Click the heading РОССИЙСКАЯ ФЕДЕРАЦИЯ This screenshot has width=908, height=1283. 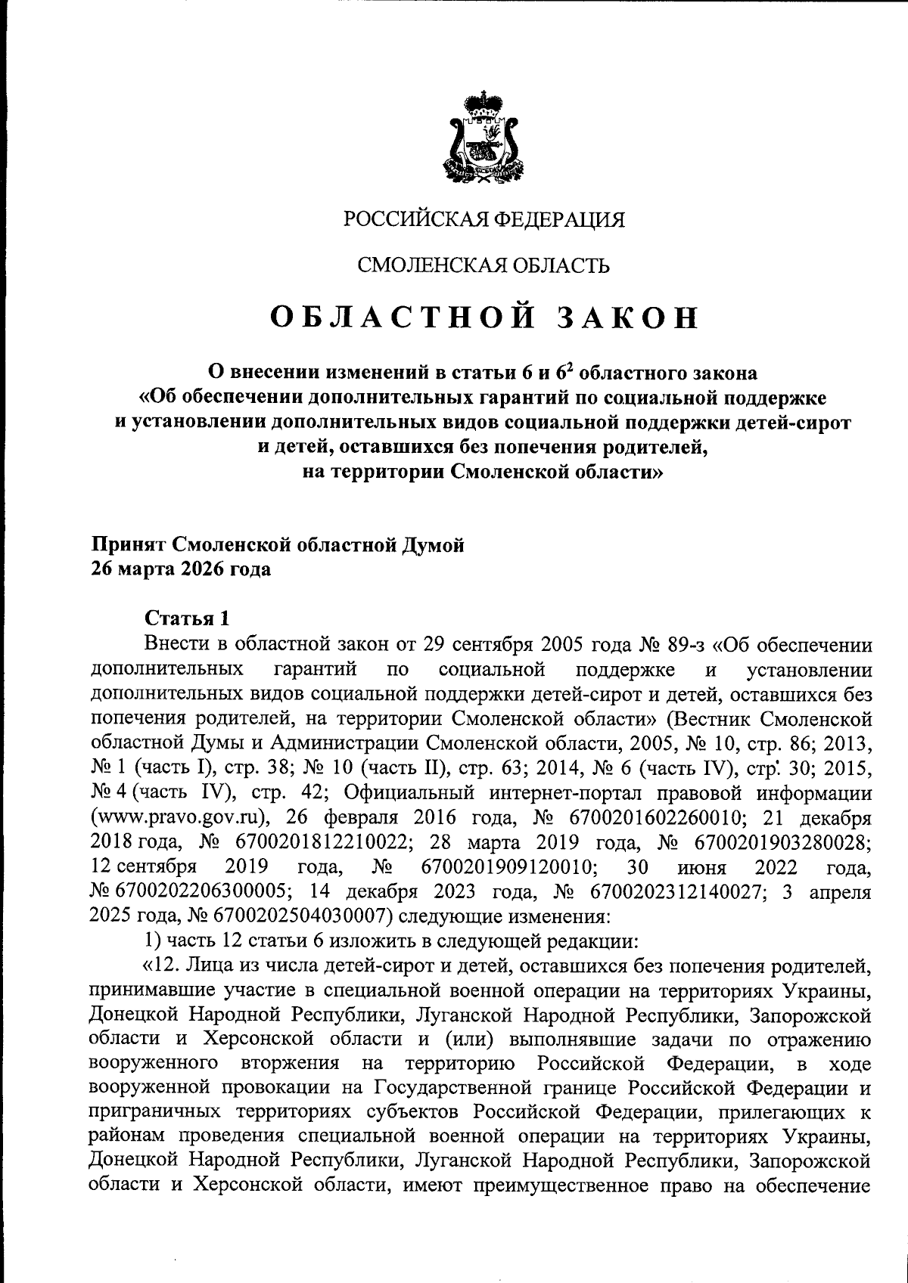click(x=484, y=221)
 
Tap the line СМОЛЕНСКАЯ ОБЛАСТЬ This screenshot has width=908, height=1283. click(x=483, y=265)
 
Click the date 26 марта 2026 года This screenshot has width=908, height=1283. click(x=181, y=569)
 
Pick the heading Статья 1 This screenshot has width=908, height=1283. click(x=186, y=618)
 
